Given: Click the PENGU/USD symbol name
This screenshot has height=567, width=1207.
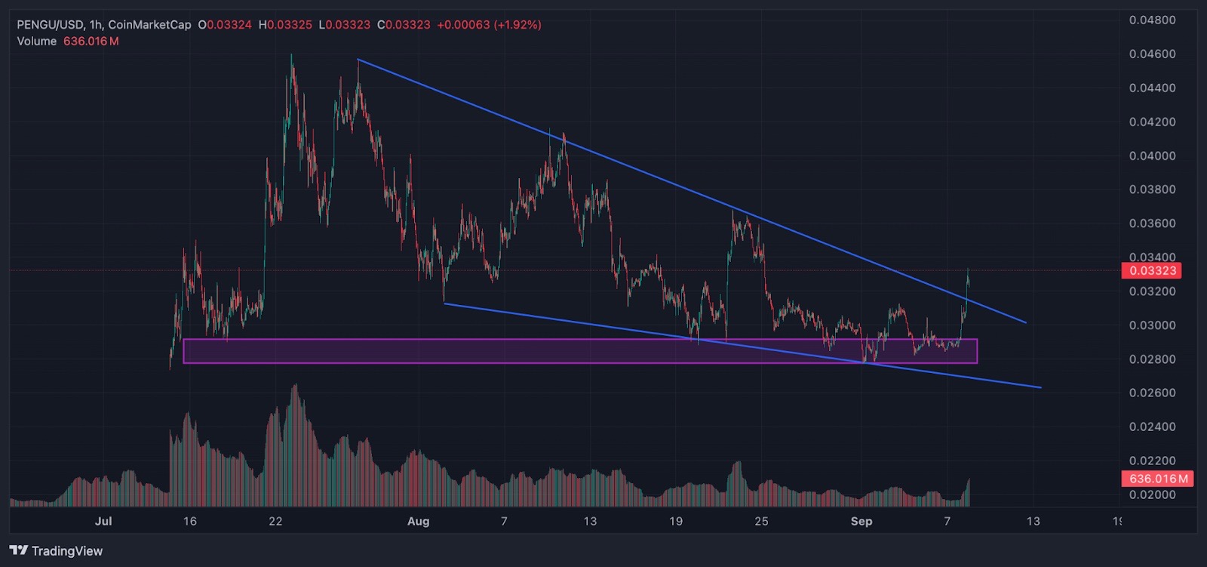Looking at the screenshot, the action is point(50,25).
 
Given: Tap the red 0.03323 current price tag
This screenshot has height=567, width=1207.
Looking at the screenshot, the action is point(1151,270).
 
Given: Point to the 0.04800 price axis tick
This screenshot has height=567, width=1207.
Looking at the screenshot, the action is point(1153,20).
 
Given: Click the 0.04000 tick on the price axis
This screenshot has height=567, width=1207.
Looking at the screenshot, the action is point(1153,156).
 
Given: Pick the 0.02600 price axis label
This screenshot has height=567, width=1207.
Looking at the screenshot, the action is point(1153,393).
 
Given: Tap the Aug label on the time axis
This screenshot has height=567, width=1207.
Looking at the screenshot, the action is point(418,521).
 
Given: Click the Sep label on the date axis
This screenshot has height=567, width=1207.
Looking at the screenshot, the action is point(861,521).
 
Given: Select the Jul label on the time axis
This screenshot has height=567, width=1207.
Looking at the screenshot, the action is point(103,521).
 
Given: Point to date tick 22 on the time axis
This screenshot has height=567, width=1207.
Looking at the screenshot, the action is point(275,521).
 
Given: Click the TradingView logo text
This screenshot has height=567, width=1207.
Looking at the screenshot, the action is point(67,551).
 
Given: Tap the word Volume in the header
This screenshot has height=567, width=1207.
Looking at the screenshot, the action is point(37,42).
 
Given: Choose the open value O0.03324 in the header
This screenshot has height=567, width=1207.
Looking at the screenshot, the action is point(225,25).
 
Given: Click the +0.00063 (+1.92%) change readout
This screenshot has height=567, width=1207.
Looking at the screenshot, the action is point(490,25).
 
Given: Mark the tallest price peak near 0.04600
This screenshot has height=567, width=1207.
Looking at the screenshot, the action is point(291,54).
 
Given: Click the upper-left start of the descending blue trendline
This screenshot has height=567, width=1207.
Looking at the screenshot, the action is point(358,60).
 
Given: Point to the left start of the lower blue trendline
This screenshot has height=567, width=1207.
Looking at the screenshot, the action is point(444,304).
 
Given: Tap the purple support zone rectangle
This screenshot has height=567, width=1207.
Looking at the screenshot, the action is point(580,351).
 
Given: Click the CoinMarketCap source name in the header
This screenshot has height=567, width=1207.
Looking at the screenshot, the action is point(150,25).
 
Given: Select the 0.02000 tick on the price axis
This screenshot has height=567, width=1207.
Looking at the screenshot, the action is point(1153,495).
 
